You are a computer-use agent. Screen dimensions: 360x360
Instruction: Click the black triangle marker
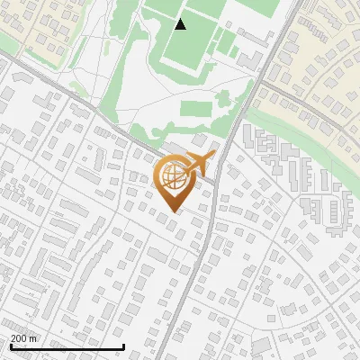tap(181, 24)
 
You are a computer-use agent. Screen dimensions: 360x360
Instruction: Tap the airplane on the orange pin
tap(199, 164)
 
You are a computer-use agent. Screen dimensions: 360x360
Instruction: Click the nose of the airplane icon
tap(214, 156)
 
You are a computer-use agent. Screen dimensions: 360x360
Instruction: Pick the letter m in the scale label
tap(33, 337)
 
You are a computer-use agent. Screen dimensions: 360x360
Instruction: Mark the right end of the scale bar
tap(123, 347)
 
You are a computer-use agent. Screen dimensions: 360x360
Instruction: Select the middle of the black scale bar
tap(66, 347)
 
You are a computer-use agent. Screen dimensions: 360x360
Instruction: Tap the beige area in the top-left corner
tap(27, 22)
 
